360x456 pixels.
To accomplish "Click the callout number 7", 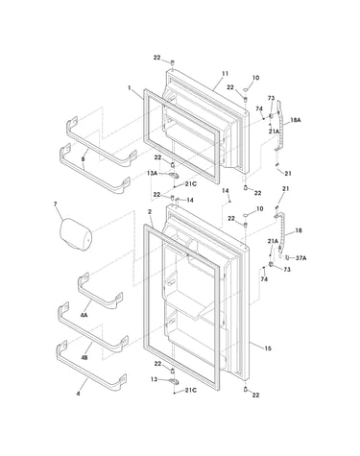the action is pos(56,204).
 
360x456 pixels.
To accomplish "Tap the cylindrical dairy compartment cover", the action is pos(76,234).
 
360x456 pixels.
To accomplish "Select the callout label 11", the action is pos(226,74).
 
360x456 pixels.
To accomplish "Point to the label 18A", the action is pos(296,120).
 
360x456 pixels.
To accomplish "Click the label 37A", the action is pos(300,257).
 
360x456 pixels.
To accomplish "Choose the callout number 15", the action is pos(268,348).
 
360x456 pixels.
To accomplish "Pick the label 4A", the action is pos(84,315).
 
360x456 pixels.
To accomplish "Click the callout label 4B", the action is pos(84,357).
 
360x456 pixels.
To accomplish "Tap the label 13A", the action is pos(152,173).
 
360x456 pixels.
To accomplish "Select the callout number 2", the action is pos(150,212).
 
